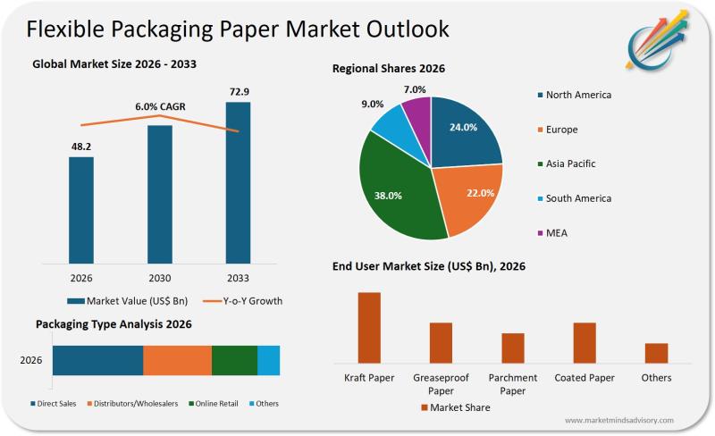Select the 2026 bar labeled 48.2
point(81,210)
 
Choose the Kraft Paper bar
point(369,327)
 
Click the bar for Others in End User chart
point(656,353)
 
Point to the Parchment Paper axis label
point(512,384)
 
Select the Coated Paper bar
point(585,342)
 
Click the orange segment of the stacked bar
point(177,360)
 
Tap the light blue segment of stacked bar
point(268,360)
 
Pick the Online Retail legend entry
point(214,404)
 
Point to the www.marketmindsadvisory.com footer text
point(619,420)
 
